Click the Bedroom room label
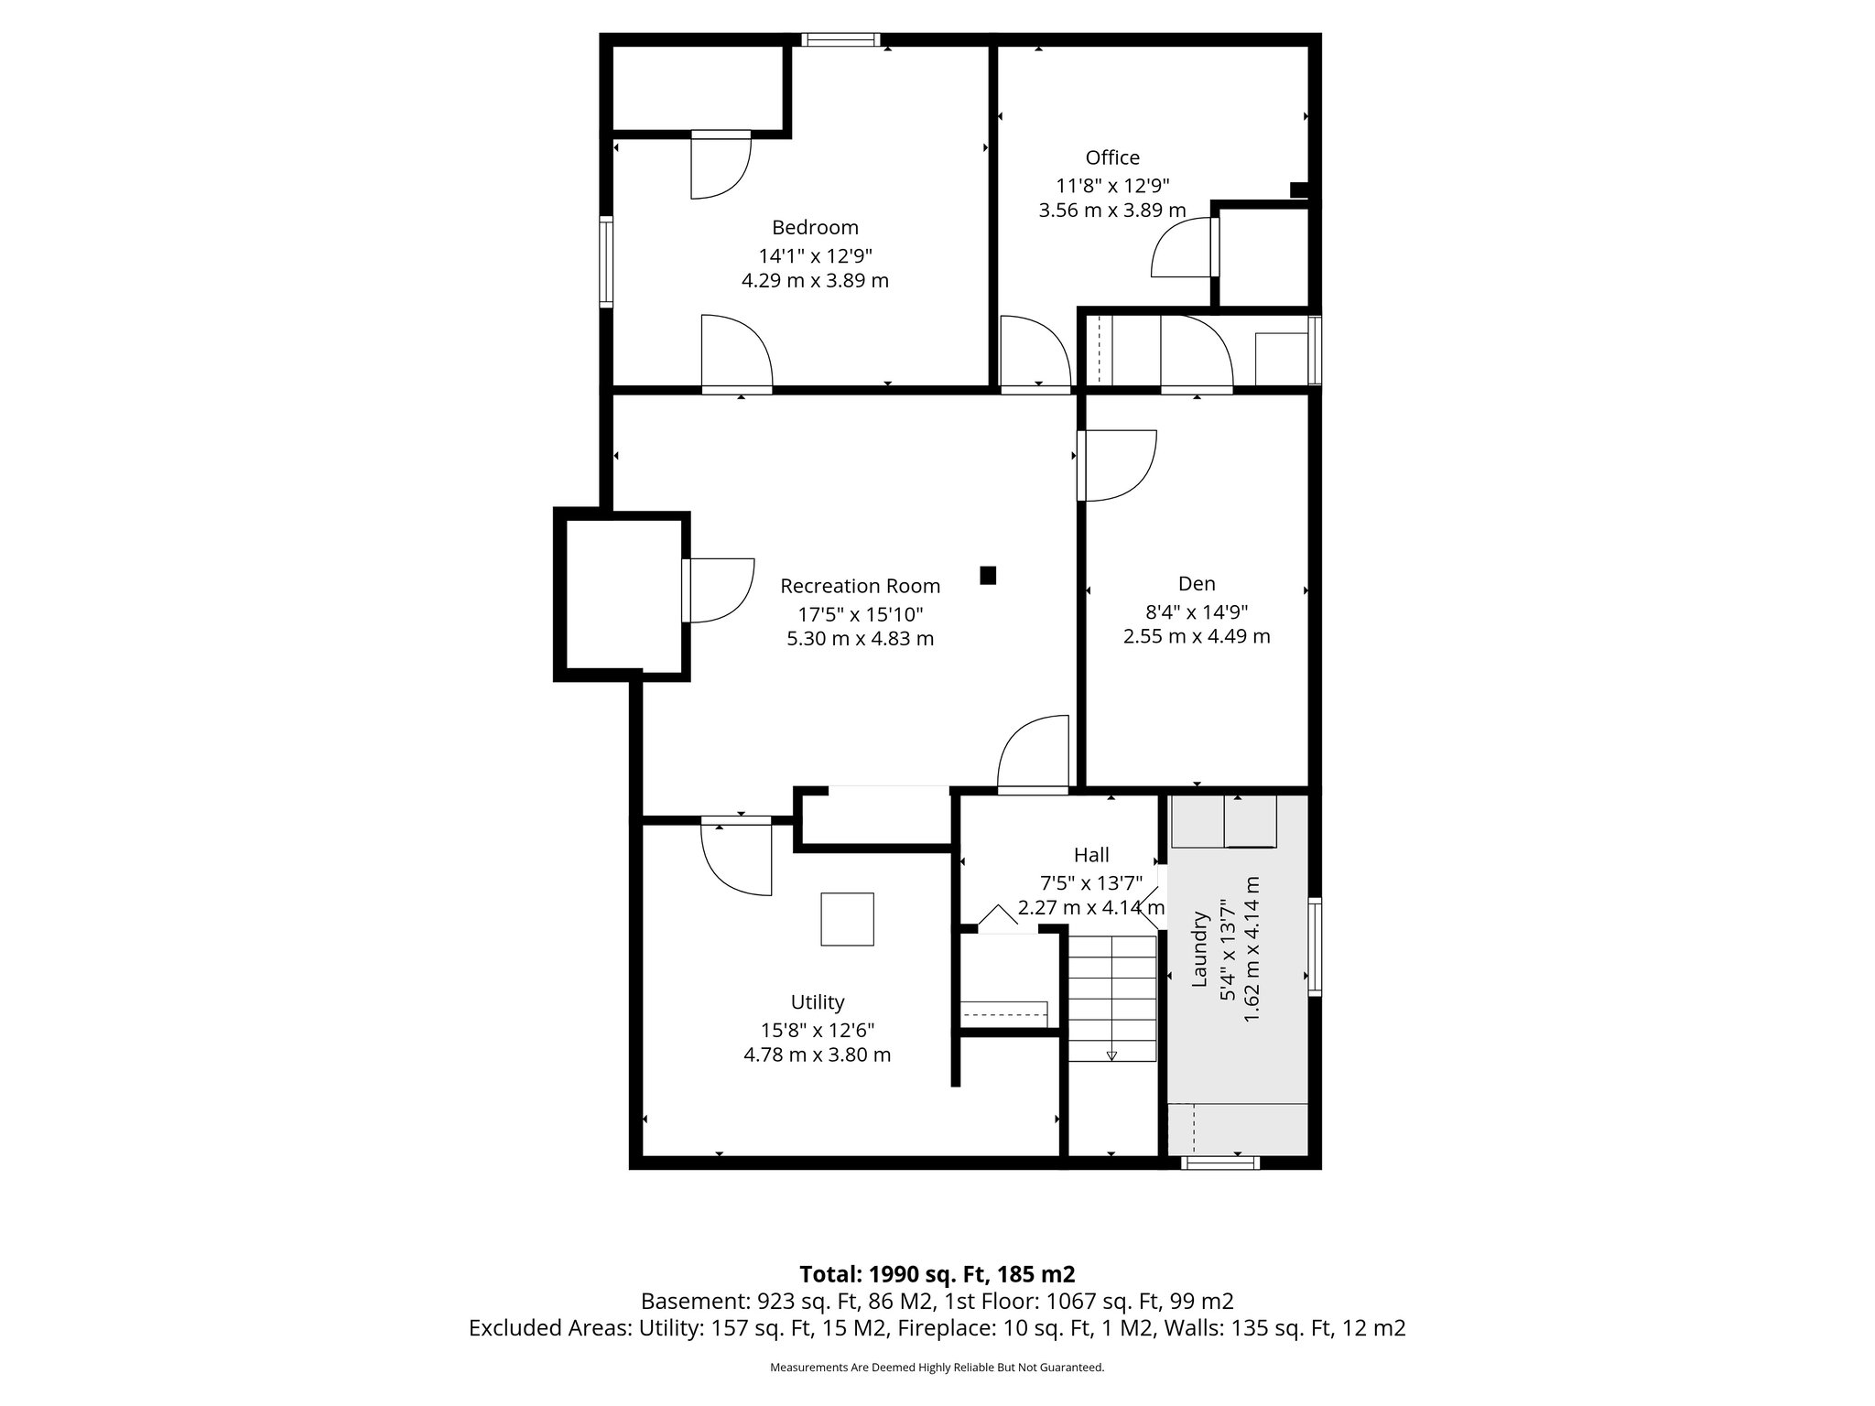pyautogui.click(x=815, y=227)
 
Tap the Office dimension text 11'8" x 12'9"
pyautogui.click(x=1112, y=184)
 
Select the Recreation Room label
pyautogui.click(x=860, y=586)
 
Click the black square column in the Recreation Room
pyautogui.click(x=988, y=575)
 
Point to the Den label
pyautogui.click(x=1197, y=583)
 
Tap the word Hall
pyautogui.click(x=1091, y=855)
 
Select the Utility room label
pyautogui.click(x=818, y=1001)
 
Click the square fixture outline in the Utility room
pyautogui.click(x=847, y=918)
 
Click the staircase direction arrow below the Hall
pyautogui.click(x=1111, y=1054)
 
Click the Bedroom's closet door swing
pyautogui.click(x=721, y=167)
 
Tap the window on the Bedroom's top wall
pyautogui.click(x=840, y=39)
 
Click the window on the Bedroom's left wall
pyautogui.click(x=606, y=260)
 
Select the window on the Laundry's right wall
pyautogui.click(x=1315, y=946)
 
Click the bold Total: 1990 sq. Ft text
pyautogui.click(x=937, y=1274)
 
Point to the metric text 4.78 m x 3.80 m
pyautogui.click(x=817, y=1054)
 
